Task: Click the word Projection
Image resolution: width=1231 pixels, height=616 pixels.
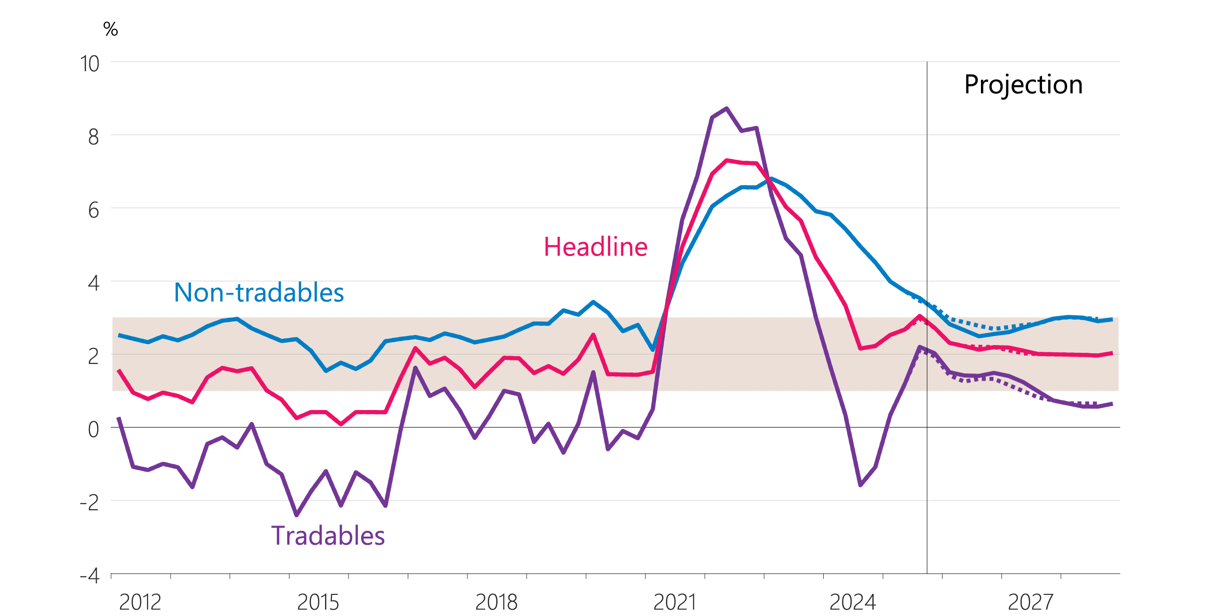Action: point(1023,85)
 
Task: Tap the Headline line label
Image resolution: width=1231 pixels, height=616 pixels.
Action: point(596,247)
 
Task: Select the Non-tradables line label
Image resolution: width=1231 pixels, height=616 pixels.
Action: point(259,293)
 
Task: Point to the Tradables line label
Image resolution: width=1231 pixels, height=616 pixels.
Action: point(328,536)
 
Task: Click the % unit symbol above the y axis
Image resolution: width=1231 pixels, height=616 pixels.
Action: point(111,29)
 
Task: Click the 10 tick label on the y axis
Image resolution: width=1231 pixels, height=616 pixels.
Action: point(90,64)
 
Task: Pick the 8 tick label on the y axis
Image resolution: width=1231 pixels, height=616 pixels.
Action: point(94,137)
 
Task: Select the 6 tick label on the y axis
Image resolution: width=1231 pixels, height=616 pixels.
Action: point(94,210)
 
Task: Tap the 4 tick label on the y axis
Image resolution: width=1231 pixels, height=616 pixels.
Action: point(94,283)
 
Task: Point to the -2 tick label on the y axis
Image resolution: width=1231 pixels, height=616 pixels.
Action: point(90,503)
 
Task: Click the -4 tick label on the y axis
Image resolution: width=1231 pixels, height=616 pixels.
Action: point(90,576)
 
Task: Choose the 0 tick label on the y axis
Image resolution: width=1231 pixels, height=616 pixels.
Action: point(94,430)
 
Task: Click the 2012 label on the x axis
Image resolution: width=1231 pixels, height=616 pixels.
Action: point(140,602)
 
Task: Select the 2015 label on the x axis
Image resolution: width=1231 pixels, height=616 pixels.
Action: point(318,602)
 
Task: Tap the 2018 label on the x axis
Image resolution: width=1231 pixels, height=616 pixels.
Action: point(496,602)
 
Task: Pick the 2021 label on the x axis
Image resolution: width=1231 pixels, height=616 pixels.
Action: point(675,602)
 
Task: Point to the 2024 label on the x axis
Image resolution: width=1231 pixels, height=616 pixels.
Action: point(853,602)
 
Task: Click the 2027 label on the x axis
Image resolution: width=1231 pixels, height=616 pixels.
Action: point(1030,602)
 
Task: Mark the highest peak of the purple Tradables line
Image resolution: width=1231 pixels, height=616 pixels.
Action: point(727,108)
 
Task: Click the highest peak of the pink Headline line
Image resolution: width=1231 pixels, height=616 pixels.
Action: point(727,160)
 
